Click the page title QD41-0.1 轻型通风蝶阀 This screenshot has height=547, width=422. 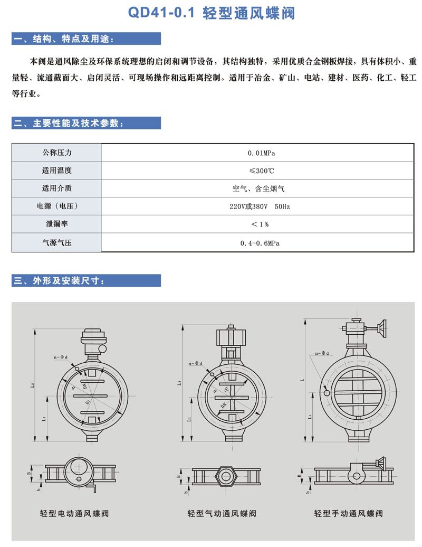[212, 13]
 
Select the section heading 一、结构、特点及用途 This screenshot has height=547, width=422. [63, 39]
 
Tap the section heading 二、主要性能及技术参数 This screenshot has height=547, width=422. [69, 123]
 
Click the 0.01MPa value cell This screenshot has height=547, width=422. [262, 153]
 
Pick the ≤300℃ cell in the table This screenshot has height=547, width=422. [262, 171]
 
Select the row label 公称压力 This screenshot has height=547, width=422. [56, 153]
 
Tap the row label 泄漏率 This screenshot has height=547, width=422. [56, 224]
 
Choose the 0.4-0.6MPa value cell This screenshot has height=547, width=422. [262, 243]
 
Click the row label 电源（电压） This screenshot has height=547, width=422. [56, 206]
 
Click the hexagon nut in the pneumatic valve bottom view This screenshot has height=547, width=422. [226, 474]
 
